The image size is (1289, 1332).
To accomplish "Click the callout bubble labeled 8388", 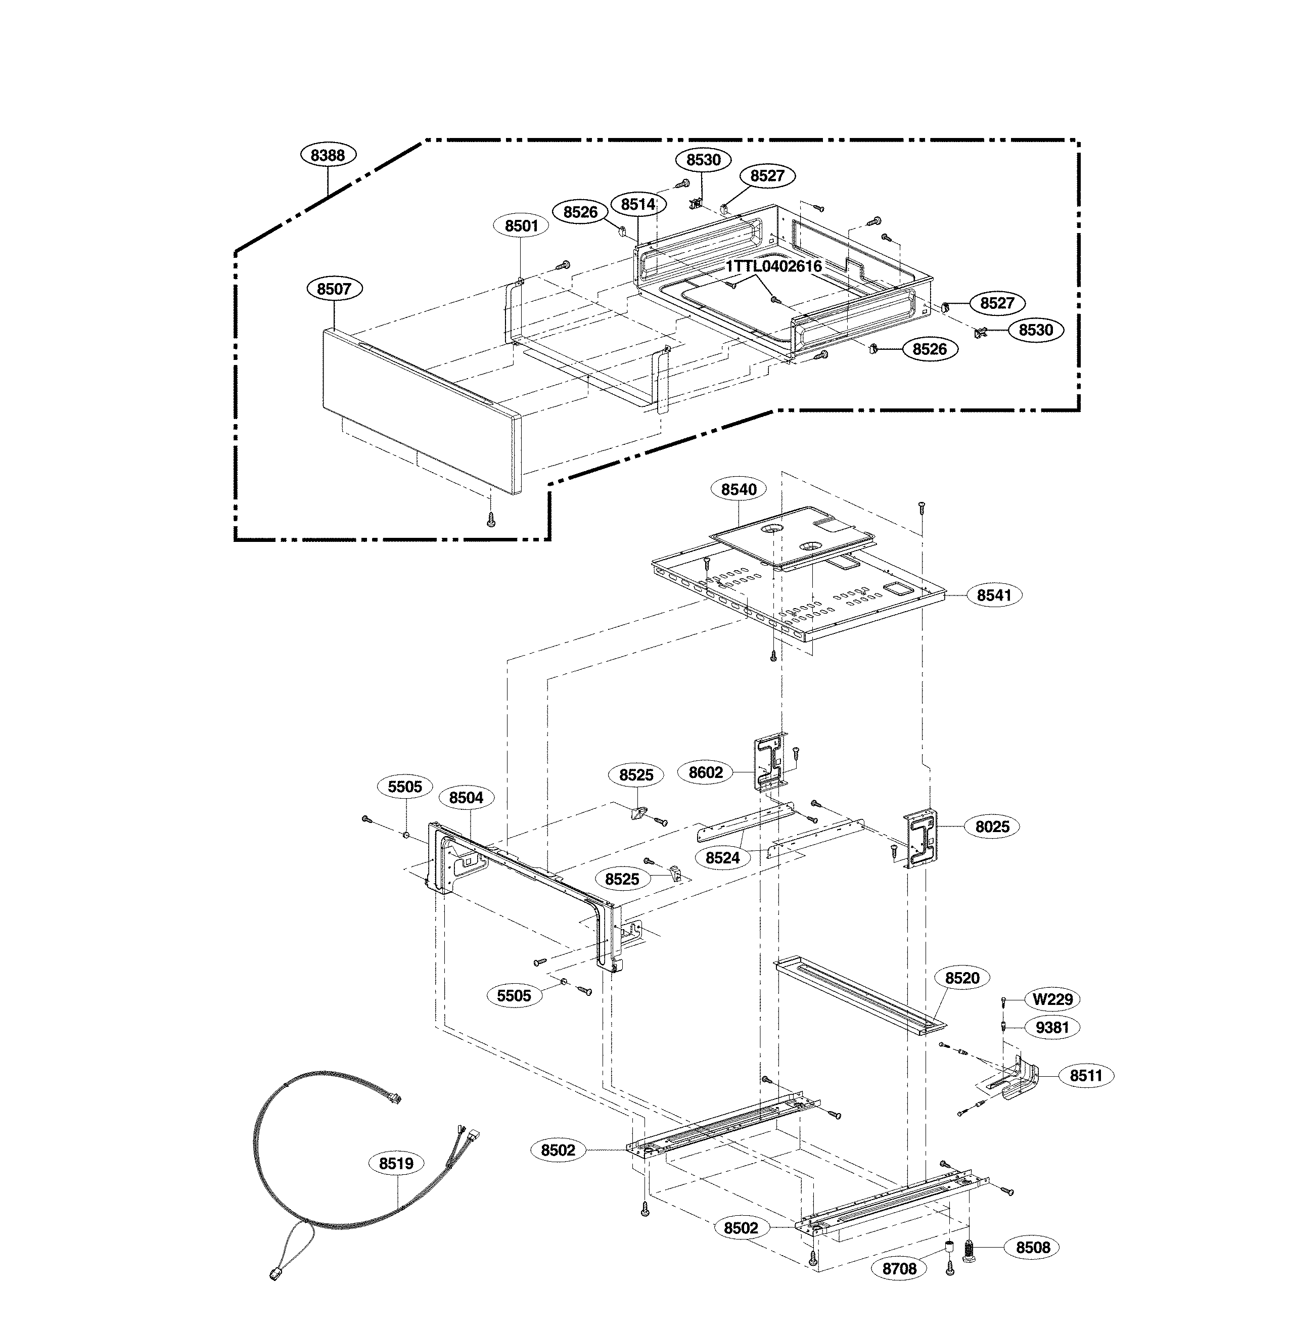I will (x=328, y=155).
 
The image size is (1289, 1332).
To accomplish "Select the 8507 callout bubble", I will (x=334, y=289).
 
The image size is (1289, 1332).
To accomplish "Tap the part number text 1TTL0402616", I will (x=773, y=266).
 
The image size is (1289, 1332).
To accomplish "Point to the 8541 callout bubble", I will (x=994, y=595).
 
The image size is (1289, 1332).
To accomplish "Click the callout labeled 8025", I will (x=992, y=826).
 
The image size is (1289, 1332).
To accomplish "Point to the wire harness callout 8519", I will (x=396, y=1164).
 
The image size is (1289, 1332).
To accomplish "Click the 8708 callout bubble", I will (x=899, y=1268).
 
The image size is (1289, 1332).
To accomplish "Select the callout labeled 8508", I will (x=1033, y=1247).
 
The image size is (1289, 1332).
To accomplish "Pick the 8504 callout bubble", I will (x=466, y=797).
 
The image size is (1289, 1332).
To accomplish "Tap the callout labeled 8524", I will (x=722, y=858).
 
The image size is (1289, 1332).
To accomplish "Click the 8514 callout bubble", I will (x=638, y=204).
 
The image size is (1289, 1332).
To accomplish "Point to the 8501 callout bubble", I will (x=521, y=225).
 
